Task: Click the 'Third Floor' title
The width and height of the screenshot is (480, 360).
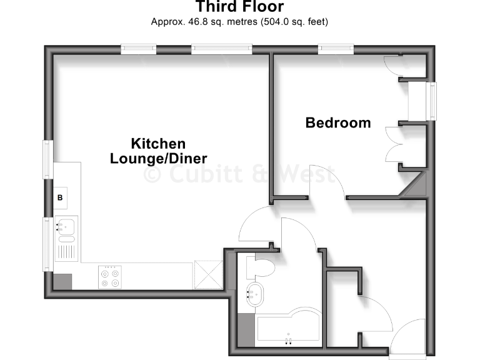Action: point(240,7)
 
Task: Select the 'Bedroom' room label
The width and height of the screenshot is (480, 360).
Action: point(337,122)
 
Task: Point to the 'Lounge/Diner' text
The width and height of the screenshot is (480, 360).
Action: point(159,158)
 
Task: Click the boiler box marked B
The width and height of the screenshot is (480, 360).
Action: point(61,197)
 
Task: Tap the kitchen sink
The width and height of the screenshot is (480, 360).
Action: point(66,226)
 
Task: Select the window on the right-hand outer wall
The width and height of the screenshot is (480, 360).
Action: point(431,101)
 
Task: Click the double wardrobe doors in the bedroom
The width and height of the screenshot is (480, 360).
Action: point(394,146)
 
